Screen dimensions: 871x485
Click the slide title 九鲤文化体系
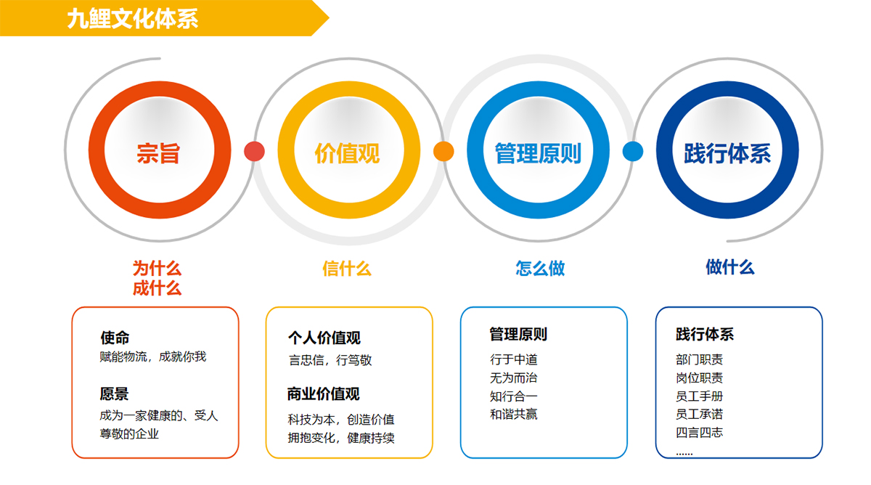tap(133, 19)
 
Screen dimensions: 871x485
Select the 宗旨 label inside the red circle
tap(158, 153)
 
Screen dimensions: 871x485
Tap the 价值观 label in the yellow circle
tap(347, 153)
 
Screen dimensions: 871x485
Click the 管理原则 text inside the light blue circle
tap(538, 153)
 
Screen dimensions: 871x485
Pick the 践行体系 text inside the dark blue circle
tap(727, 153)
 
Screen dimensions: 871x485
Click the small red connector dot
tap(254, 151)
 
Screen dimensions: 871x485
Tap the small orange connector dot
tap(443, 151)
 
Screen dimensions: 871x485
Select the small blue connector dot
tap(633, 151)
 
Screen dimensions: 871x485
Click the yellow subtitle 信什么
tap(347, 269)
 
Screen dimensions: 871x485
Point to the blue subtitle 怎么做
tap(540, 268)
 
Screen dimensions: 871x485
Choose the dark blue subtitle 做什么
tap(730, 267)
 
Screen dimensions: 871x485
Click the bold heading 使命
tap(115, 338)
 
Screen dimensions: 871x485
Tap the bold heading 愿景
tap(114, 394)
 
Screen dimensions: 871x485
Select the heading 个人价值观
tap(324, 338)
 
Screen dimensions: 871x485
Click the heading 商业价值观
tap(324, 394)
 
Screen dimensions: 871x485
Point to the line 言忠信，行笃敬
tap(330, 360)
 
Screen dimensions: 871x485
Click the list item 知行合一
tap(514, 396)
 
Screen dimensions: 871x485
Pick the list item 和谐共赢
tap(514, 415)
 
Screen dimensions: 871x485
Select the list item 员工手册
tap(699, 396)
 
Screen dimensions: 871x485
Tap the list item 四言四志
tap(699, 433)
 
